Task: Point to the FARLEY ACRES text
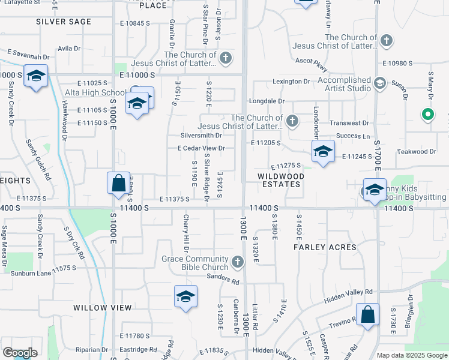(x=325, y=247)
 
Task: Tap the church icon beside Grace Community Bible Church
(x=238, y=262)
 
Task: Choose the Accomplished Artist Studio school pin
(x=379, y=83)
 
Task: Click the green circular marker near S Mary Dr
(x=427, y=113)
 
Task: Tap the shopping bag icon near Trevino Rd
(x=367, y=314)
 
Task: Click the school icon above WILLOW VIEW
(x=186, y=296)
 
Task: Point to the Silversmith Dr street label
(x=206, y=136)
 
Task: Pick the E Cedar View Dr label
(x=201, y=148)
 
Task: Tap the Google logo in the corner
(x=20, y=353)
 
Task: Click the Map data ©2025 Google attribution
(x=411, y=355)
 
